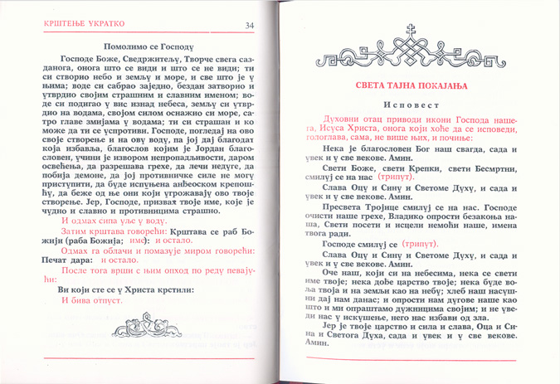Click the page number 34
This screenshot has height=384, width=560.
click(x=250, y=26)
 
